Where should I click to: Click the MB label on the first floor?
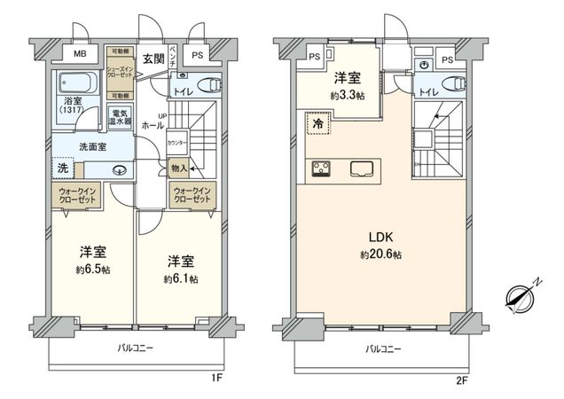pos(80,54)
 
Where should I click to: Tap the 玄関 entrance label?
pos(153,59)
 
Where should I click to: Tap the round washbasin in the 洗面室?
pos(118,171)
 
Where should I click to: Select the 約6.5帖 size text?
pos(92,269)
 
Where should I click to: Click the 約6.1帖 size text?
pos(180,278)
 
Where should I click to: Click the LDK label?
pos(380,237)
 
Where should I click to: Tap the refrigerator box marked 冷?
pos(317,127)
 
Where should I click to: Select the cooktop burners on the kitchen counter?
pos(321,168)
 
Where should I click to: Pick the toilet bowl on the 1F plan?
pos(209,85)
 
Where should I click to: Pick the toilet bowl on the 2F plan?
pos(453,85)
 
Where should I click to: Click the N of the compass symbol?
pos(537,283)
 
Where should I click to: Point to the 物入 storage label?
pos(177,168)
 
